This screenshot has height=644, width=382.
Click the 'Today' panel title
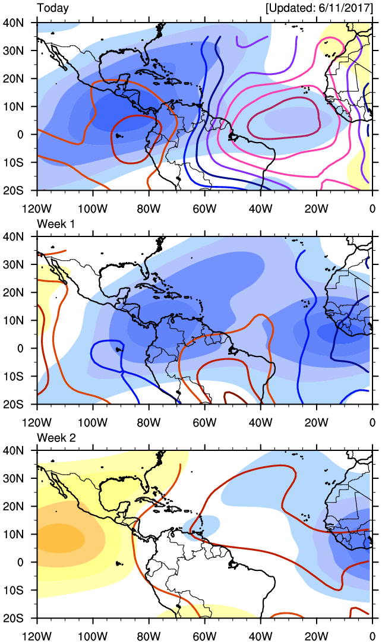coord(53,8)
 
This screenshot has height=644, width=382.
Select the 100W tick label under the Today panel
coord(93,209)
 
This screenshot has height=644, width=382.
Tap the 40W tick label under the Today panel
coord(261,209)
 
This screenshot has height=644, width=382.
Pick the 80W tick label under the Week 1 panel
coord(149,422)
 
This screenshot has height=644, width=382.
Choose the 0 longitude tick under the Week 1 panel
coord(372,422)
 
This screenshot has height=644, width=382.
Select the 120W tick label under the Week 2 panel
coord(37,637)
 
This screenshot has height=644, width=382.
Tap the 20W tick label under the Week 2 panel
coord(317,637)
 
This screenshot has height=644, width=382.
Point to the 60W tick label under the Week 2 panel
coord(205,637)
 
